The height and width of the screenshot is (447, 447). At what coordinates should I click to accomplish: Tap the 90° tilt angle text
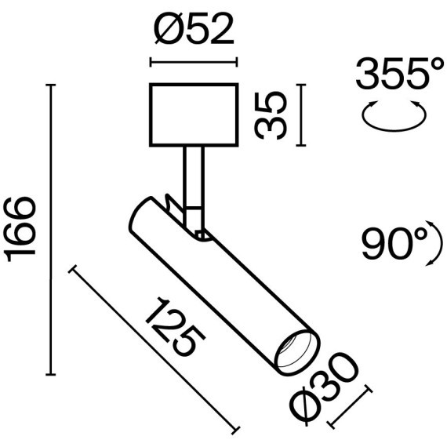(x=393, y=245)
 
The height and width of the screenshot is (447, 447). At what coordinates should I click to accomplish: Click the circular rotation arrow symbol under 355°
(x=394, y=117)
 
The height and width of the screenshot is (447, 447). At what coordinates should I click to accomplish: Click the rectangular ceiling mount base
(x=193, y=115)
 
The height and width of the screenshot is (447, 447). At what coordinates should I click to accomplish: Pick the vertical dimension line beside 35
(x=303, y=115)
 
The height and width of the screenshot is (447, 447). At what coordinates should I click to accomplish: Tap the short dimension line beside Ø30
(x=347, y=408)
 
